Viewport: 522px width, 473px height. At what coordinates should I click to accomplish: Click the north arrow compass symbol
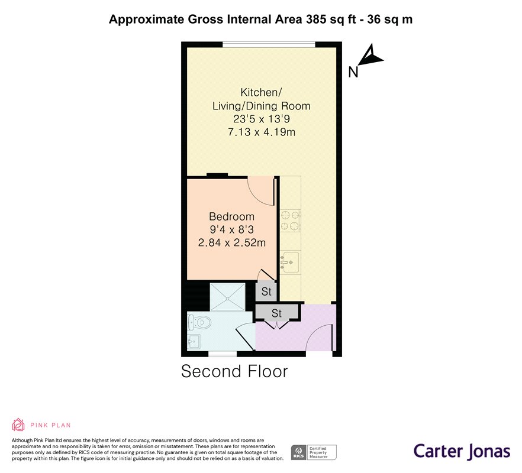pos(371,56)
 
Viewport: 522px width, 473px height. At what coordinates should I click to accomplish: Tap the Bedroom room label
pos(232,216)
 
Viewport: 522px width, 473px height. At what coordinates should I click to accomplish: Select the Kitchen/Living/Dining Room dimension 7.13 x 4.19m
pos(262,132)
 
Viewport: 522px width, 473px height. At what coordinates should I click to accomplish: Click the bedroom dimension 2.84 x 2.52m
pos(232,242)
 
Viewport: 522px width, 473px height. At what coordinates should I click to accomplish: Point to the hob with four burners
pos(291,221)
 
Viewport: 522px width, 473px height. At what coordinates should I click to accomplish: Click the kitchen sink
pos(290,263)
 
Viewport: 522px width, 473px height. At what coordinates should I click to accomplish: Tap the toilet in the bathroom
pos(200,322)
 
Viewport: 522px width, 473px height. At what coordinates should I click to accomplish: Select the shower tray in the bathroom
pos(228,297)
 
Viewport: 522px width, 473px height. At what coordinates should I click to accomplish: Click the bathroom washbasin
pos(194,341)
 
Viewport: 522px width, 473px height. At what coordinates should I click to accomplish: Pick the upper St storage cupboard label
pos(266,291)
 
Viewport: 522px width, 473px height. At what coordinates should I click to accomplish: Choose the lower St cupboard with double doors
pos(276,313)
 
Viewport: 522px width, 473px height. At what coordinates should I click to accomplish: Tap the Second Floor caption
pos(234,371)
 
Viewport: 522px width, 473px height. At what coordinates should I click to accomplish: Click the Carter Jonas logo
pos(462,452)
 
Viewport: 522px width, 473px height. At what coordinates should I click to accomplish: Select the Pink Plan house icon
pos(18,425)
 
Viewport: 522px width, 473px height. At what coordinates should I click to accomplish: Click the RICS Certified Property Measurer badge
pos(314,452)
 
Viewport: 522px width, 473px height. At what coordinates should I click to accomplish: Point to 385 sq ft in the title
pos(328,20)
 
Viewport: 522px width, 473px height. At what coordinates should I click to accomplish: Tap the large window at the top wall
pos(269,44)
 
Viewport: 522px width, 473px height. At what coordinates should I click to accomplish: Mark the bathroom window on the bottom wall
pos(223,354)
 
